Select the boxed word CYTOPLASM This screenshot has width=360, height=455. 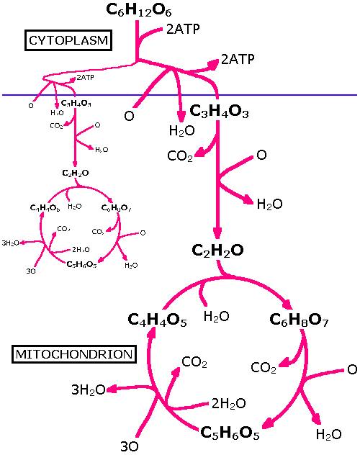pyautogui.click(x=68, y=40)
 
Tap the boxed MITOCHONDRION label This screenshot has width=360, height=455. pyautogui.click(x=75, y=354)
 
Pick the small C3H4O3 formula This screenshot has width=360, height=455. pyautogui.click(x=76, y=104)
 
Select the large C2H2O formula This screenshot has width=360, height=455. pyautogui.click(x=217, y=251)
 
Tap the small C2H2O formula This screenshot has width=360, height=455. pyautogui.click(x=76, y=173)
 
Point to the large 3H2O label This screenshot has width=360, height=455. pyautogui.click(x=88, y=390)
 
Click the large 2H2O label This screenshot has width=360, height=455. pyautogui.click(x=228, y=403)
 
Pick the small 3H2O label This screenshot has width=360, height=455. pyautogui.click(x=11, y=243)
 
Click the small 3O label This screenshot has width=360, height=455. pyautogui.click(x=31, y=271)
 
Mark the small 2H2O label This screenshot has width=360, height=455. pyautogui.click(x=81, y=250)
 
